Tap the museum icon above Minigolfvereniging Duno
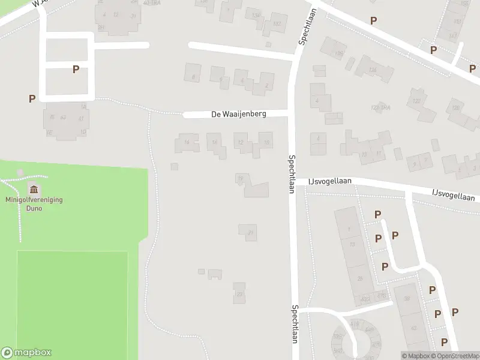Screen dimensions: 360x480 point(32,190)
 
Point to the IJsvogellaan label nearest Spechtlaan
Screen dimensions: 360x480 point(330,181)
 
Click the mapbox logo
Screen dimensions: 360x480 point(26,353)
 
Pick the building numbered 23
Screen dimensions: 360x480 point(239,293)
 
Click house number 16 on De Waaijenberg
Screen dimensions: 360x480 point(187,143)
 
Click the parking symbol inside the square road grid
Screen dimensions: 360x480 point(76,70)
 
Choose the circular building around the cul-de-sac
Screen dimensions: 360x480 point(354,341)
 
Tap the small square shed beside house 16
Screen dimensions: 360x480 point(174,166)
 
